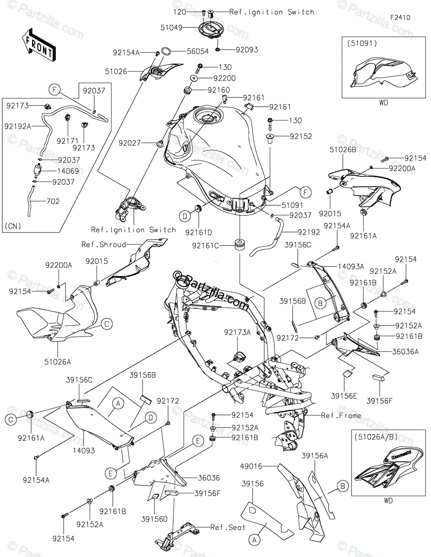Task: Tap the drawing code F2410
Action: (400, 18)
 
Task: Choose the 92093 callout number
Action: (247, 50)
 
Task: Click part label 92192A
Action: (18, 125)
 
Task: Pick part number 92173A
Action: (237, 332)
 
